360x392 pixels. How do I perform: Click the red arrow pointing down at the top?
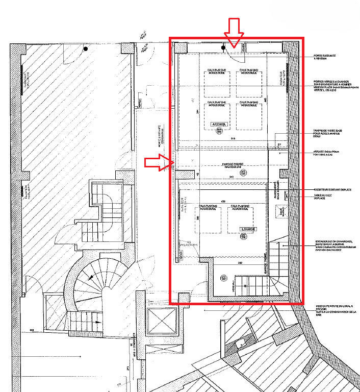[235, 33]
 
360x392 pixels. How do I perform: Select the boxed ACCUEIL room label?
[220, 124]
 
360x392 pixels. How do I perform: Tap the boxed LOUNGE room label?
[248, 229]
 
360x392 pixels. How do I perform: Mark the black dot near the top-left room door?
[86, 50]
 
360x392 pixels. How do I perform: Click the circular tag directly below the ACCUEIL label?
[220, 131]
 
